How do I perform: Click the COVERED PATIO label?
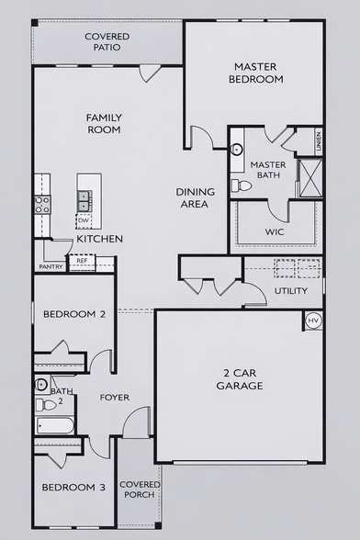(x=107, y=42)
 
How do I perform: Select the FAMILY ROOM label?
(x=104, y=124)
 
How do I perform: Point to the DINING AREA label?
(x=196, y=197)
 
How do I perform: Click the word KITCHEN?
(x=100, y=239)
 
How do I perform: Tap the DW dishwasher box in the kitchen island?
(x=84, y=220)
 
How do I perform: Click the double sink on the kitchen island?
(x=84, y=197)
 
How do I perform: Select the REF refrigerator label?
(x=82, y=261)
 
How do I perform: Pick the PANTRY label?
(x=51, y=267)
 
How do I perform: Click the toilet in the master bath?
(x=242, y=185)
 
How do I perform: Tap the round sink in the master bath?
(x=236, y=147)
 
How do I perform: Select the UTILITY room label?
(x=291, y=291)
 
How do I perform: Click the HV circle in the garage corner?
(x=313, y=320)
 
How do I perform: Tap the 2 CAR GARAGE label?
(x=239, y=378)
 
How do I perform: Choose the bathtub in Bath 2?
(x=55, y=426)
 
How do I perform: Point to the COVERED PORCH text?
(x=140, y=489)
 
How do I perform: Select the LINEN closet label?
(x=319, y=141)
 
